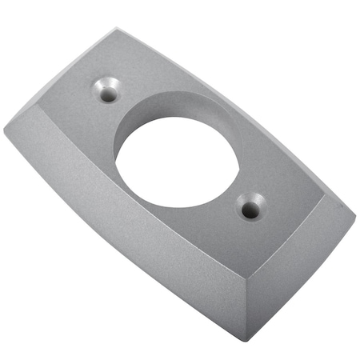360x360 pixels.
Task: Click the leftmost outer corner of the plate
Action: pyautogui.click(x=4, y=128)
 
